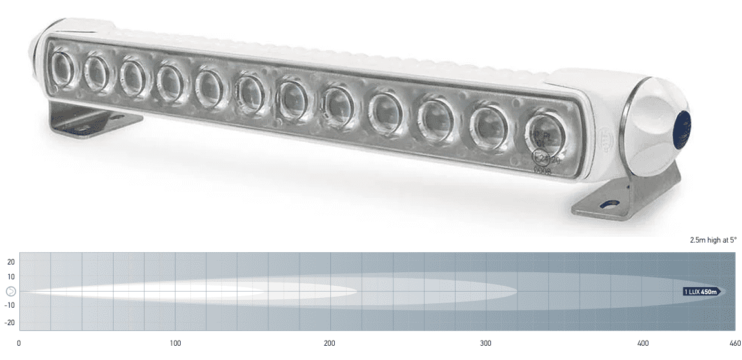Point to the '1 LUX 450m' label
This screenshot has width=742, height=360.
click(x=701, y=292)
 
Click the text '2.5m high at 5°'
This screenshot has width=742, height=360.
click(x=713, y=240)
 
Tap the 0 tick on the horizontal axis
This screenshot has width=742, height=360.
click(x=19, y=343)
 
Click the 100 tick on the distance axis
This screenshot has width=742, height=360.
click(x=175, y=343)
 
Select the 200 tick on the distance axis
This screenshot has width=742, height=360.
click(x=330, y=343)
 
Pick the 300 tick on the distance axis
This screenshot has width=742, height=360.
click(x=486, y=343)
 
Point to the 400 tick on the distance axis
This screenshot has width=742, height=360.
click(x=642, y=343)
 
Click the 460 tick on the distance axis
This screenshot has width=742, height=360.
click(x=734, y=343)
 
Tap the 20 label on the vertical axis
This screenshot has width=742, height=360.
click(x=11, y=261)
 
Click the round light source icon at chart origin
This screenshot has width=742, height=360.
click(x=11, y=292)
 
